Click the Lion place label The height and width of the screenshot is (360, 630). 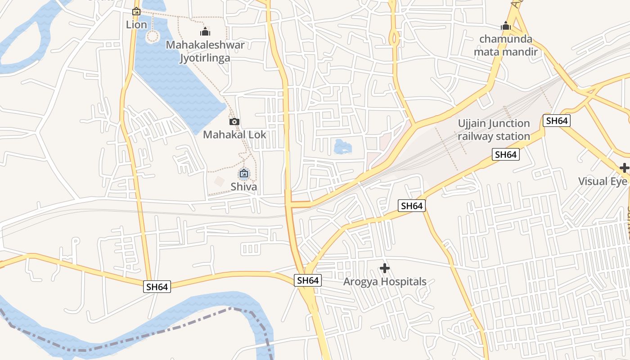coord(136,24)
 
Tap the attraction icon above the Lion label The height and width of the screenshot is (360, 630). coord(136,11)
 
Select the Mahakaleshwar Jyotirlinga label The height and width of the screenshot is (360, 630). coord(205,51)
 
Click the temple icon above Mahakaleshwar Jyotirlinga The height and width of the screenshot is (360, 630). coord(205,31)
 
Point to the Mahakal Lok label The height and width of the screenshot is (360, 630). coord(234,135)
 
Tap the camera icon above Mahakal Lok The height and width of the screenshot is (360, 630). coord(234,121)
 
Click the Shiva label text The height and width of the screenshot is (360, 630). coord(244,186)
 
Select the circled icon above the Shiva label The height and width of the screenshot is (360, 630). coord(244,173)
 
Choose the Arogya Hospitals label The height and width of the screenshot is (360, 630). coord(385,282)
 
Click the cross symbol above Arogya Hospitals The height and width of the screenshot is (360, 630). coord(385,268)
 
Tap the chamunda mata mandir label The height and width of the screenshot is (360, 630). coord(506,45)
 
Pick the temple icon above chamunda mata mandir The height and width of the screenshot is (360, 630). coord(506,26)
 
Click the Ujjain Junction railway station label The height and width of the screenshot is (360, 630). coord(494,130)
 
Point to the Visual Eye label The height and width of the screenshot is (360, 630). coord(603,181)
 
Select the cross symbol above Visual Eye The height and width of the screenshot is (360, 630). coord(624,168)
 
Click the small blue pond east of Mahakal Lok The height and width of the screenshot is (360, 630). coord(342,146)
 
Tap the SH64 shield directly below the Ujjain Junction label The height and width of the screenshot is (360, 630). coord(505,155)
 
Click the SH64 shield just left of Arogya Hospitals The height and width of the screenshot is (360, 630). coord(308,280)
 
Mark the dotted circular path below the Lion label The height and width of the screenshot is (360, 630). coord(153,36)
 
